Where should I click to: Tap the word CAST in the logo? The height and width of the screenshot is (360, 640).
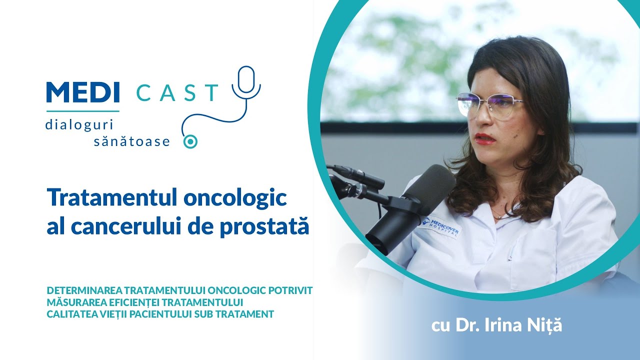pos(177,93)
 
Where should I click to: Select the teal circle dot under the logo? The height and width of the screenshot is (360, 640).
pos(190,141)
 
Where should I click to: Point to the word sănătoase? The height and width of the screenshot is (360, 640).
pos(132,142)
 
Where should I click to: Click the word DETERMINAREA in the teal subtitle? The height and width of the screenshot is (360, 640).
pos(84,290)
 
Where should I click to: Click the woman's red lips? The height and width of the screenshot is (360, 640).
pos(484,138)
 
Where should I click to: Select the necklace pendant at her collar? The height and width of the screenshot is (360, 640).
pos(496,216)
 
